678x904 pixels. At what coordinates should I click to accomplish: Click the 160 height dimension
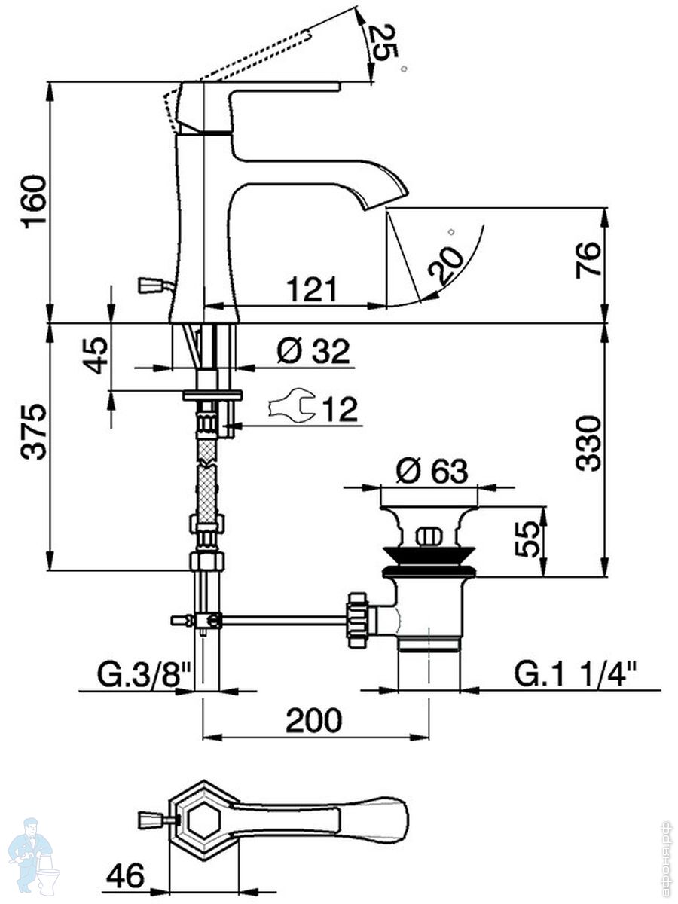[x=34, y=201]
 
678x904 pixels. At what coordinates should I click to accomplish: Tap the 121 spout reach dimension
[x=311, y=289]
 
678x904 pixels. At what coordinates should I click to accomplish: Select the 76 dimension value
[x=589, y=260]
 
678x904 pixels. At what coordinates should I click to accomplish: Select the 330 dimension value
[x=589, y=443]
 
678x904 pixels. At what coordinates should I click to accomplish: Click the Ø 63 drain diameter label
[x=432, y=472]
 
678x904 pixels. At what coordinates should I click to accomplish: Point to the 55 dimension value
[x=530, y=539]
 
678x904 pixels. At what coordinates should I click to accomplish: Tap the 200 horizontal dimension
[x=314, y=721]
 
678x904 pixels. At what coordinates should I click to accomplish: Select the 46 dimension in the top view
[x=125, y=876]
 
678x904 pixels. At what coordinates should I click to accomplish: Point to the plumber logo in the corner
[x=33, y=855]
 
